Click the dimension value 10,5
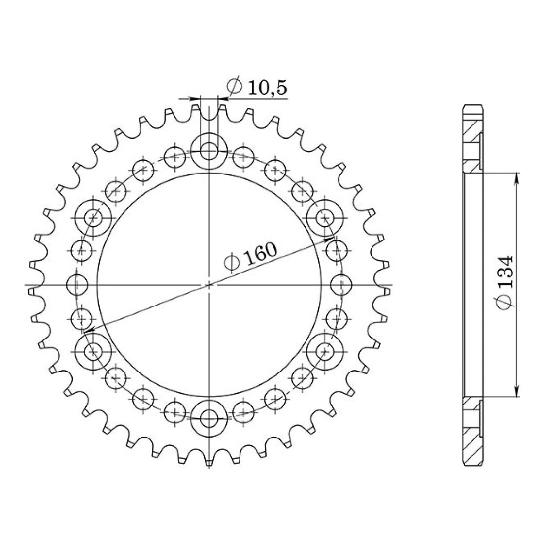tap(266, 87)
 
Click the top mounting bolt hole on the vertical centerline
tap(208, 150)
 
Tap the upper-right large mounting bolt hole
tap(325, 218)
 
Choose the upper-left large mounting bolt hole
tap(93, 218)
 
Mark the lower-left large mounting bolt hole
tap(93, 352)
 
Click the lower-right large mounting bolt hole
tap(325, 352)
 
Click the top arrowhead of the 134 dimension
tap(517, 176)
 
